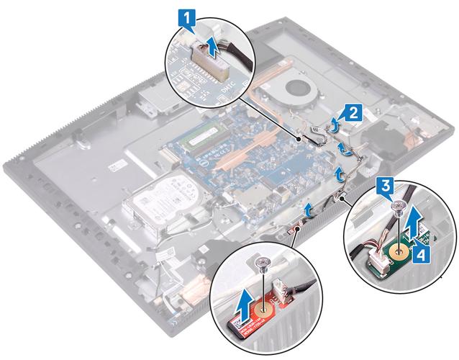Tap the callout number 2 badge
351,112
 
